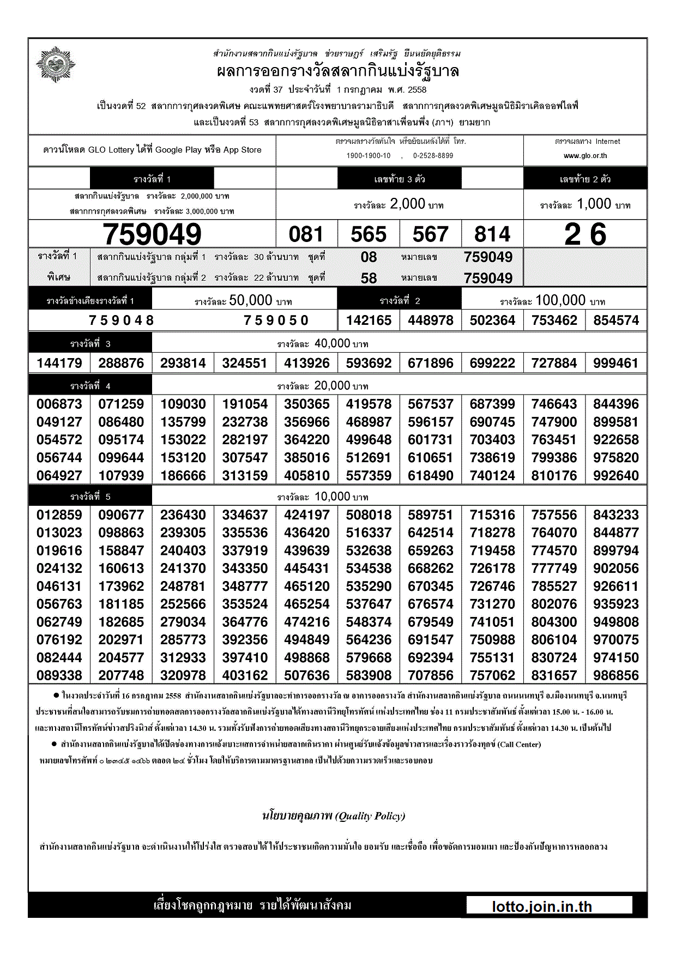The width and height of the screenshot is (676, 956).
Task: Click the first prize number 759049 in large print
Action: coord(152,234)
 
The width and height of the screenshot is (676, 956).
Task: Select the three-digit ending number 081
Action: coord(306,234)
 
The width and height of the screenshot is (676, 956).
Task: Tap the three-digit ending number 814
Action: coord(492,234)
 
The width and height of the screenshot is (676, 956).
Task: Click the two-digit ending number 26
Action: coord(585,234)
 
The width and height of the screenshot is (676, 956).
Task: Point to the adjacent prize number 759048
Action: coord(122,320)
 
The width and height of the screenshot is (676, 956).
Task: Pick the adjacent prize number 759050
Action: coord(276,320)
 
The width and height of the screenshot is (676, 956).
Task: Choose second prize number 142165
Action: coord(369,320)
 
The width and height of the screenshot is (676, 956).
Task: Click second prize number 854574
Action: coord(616,320)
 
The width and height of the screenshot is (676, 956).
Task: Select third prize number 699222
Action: coord(492,363)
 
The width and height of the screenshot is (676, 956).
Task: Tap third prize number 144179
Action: coord(59,363)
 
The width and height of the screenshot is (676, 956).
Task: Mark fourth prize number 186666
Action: coord(183,476)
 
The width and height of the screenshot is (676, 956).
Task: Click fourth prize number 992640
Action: coord(616,476)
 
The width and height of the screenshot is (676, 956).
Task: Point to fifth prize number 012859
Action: coord(59,515)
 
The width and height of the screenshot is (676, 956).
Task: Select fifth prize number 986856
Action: coord(616,676)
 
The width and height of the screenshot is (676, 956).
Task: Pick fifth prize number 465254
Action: coord(307,604)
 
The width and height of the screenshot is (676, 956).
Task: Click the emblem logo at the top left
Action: coord(56,65)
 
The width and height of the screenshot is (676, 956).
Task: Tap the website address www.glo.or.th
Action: coord(585,156)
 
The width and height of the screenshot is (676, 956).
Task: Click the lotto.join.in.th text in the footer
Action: coord(542,906)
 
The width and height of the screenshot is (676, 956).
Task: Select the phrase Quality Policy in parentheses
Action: coord(371,816)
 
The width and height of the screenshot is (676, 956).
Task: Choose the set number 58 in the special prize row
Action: coord(369,279)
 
